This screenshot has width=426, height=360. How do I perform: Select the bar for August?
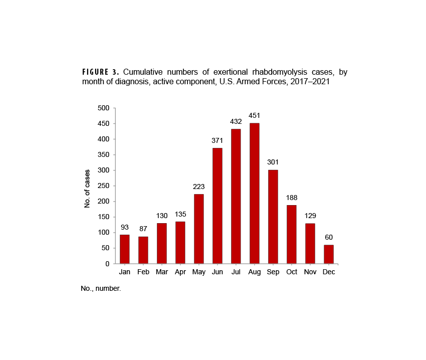[x=254, y=194]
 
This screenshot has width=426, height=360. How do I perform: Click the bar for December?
[x=328, y=254]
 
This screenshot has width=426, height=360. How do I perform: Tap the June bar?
[x=217, y=206]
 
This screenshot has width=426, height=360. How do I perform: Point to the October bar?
[x=291, y=234]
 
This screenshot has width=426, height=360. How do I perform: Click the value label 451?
[x=254, y=116]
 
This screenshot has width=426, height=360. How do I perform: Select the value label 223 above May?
[x=198, y=187]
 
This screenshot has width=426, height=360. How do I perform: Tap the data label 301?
[x=273, y=162]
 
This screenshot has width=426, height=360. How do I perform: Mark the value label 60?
[x=328, y=237]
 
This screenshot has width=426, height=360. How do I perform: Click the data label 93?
[x=124, y=227]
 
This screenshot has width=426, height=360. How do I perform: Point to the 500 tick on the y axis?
[x=103, y=108]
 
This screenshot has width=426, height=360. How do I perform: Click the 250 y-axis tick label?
[x=103, y=186]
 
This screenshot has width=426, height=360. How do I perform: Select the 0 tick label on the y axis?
[x=107, y=264]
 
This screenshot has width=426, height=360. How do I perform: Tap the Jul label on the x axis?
[x=236, y=272]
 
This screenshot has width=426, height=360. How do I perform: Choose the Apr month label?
[x=180, y=272]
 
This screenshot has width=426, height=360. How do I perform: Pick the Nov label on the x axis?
[x=310, y=272]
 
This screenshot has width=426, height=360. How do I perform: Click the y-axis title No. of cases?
[x=87, y=189]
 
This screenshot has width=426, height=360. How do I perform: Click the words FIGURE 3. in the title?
[x=101, y=72]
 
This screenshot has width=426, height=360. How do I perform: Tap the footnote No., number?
[x=101, y=289]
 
